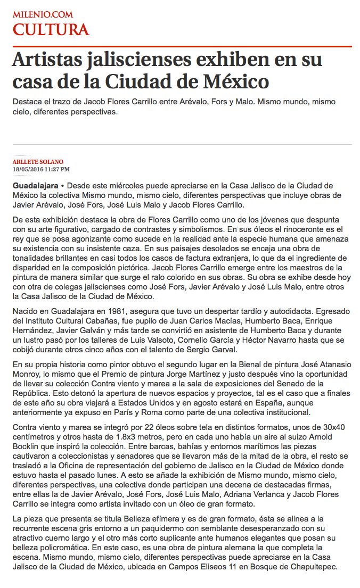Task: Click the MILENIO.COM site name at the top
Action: (43, 14)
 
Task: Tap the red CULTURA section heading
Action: (51, 30)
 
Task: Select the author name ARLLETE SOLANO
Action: (38, 162)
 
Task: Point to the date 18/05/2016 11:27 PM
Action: (41, 169)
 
